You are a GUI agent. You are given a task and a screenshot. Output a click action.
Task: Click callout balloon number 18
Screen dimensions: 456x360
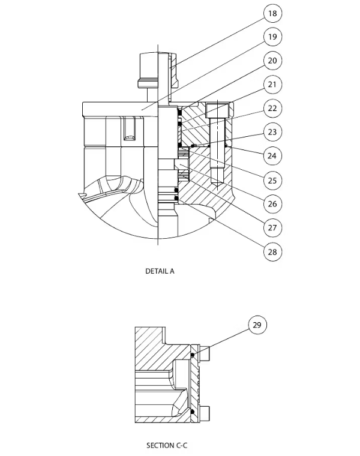(272, 13)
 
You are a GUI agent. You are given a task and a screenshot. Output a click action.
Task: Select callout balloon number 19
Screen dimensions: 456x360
(272, 37)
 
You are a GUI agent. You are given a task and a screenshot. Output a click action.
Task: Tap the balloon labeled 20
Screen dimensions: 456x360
(272, 61)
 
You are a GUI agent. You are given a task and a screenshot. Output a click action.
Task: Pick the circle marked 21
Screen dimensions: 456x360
(272, 85)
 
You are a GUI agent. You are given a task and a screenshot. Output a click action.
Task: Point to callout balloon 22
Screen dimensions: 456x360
(272, 108)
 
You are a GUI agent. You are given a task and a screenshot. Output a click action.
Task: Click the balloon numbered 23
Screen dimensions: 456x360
(272, 132)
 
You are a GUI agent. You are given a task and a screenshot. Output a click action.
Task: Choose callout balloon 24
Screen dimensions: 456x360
(272, 155)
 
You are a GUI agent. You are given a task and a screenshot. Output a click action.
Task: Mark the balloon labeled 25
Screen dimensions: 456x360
(272, 179)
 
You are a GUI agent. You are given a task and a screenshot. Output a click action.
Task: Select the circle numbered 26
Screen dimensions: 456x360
(272, 203)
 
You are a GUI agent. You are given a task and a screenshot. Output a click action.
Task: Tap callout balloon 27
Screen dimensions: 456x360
(272, 227)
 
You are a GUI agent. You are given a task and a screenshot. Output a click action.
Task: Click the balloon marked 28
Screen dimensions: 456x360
(272, 251)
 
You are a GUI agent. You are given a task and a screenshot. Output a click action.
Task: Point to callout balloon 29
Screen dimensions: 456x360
(257, 325)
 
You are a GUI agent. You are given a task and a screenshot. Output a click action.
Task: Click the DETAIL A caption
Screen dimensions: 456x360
(160, 271)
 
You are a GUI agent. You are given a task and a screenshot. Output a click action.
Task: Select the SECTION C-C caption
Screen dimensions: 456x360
(167, 445)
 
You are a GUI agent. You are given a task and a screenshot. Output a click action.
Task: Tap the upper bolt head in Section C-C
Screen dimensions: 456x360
(205, 354)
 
